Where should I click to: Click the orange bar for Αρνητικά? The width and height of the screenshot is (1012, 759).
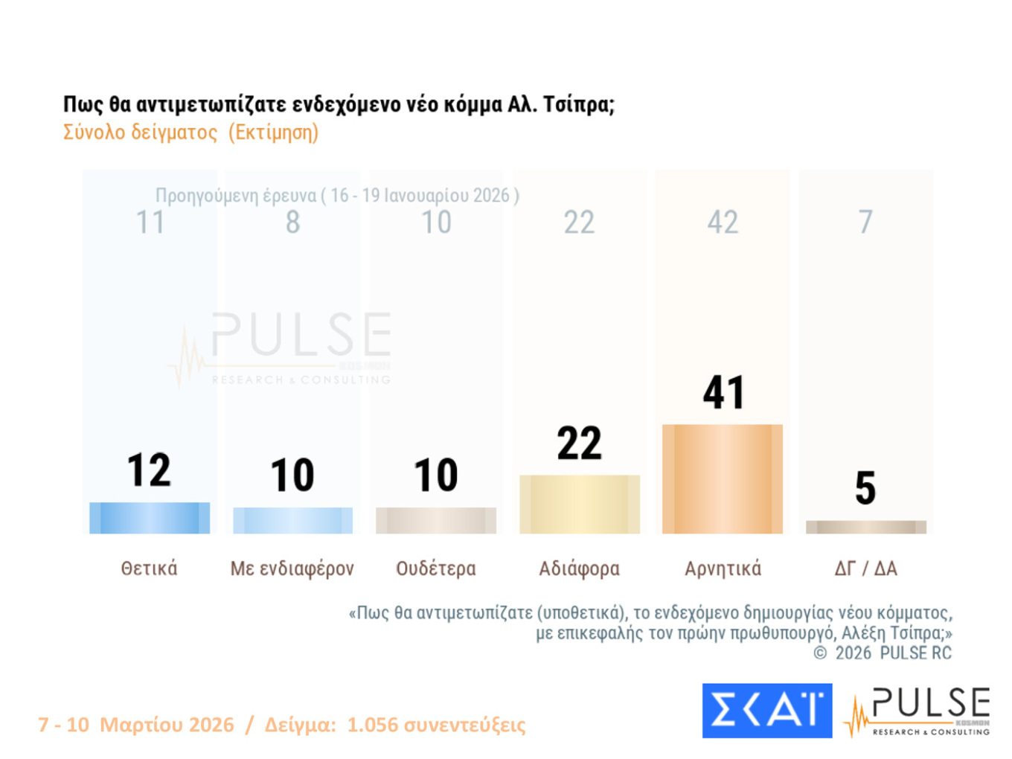coord(722,479)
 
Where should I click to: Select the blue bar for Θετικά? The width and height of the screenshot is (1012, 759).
coord(150,518)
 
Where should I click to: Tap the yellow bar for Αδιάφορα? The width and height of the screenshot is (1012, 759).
coord(579,505)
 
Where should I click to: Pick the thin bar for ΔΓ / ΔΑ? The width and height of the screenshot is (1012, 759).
coord(865,527)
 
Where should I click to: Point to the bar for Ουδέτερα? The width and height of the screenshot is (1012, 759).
coord(436,520)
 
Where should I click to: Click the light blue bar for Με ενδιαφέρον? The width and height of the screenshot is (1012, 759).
coord(292,520)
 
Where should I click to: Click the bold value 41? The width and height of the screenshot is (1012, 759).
coord(723,393)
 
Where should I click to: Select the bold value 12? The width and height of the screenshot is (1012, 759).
coord(149,470)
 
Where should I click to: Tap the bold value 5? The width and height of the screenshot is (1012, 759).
coord(865,488)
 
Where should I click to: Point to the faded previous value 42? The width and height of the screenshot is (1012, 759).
coord(723,222)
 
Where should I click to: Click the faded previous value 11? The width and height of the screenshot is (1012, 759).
coord(150,222)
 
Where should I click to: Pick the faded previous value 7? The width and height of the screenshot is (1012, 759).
coord(865,222)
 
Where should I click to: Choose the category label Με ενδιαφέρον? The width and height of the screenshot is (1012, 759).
coord(292,569)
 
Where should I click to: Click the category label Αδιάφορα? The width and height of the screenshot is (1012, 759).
coord(579,569)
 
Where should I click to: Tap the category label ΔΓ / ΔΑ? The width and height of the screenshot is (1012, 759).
coord(865,569)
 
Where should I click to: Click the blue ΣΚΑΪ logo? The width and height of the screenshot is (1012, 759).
coord(766,711)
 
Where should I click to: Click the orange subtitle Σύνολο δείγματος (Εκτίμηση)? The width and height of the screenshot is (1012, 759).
coord(190,132)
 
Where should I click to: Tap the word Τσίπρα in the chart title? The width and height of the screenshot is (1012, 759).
coord(577,104)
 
